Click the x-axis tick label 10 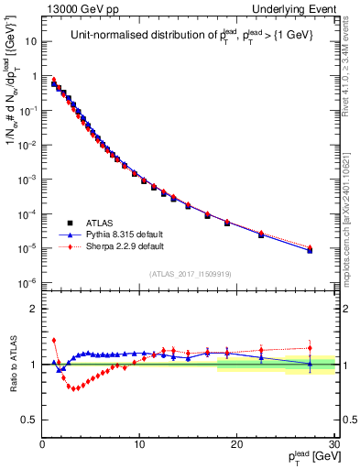tap(139, 445)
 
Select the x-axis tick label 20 tap(236, 445)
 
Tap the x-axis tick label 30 tap(333, 445)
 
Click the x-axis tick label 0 tap(42, 445)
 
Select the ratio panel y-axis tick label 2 tap(34, 309)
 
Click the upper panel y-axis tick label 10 tap(30, 41)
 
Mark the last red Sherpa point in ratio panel tap(310, 347)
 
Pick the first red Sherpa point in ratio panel tap(54, 340)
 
